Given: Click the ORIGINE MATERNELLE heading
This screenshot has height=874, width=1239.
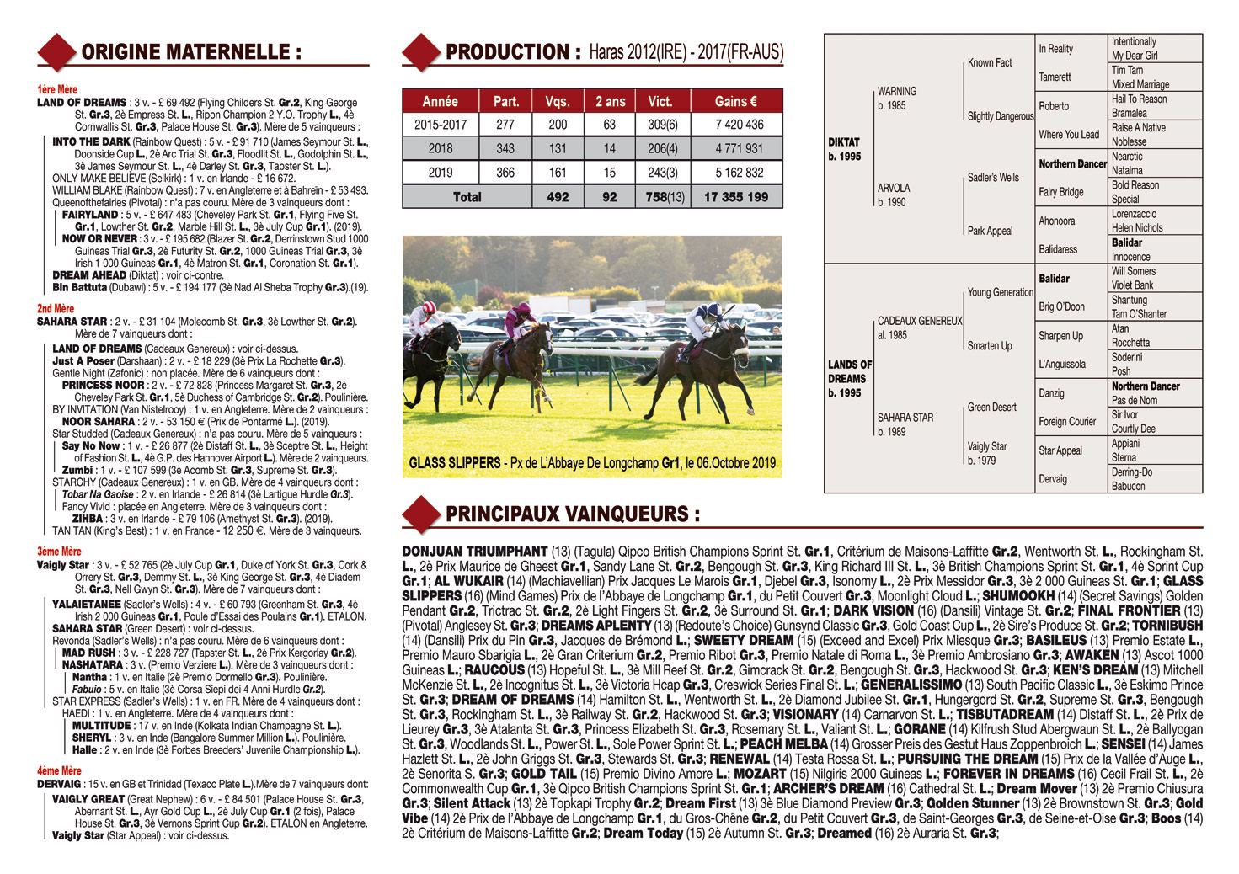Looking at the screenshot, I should click(x=191, y=52).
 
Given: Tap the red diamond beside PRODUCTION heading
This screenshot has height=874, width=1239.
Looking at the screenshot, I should click(x=420, y=52).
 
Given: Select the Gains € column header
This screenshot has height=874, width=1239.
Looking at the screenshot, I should click(x=736, y=101).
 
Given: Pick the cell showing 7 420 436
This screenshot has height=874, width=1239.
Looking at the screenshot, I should click(x=736, y=125).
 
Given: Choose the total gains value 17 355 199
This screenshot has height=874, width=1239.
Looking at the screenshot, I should click(x=736, y=196).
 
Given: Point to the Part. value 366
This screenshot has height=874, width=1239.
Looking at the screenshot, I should click(x=505, y=173).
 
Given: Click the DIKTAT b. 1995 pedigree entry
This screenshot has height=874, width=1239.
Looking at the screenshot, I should click(x=845, y=150).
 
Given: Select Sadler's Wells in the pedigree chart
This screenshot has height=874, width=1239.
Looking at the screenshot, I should click(x=993, y=178).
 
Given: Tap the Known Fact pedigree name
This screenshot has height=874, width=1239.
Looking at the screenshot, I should click(x=990, y=63).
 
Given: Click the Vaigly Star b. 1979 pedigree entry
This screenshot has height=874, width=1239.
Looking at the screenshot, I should click(x=987, y=453).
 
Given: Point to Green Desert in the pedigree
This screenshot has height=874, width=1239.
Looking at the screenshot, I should click(x=991, y=408).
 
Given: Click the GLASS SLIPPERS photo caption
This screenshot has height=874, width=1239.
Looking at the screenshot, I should click(x=592, y=463).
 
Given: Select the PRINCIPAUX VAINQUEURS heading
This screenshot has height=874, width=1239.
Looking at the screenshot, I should click(x=573, y=514).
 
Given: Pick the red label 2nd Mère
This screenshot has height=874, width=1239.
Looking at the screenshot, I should click(x=56, y=309).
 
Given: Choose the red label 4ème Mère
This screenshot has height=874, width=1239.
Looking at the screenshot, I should click(x=58, y=770).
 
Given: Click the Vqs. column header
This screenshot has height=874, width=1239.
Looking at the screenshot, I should click(x=557, y=101).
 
